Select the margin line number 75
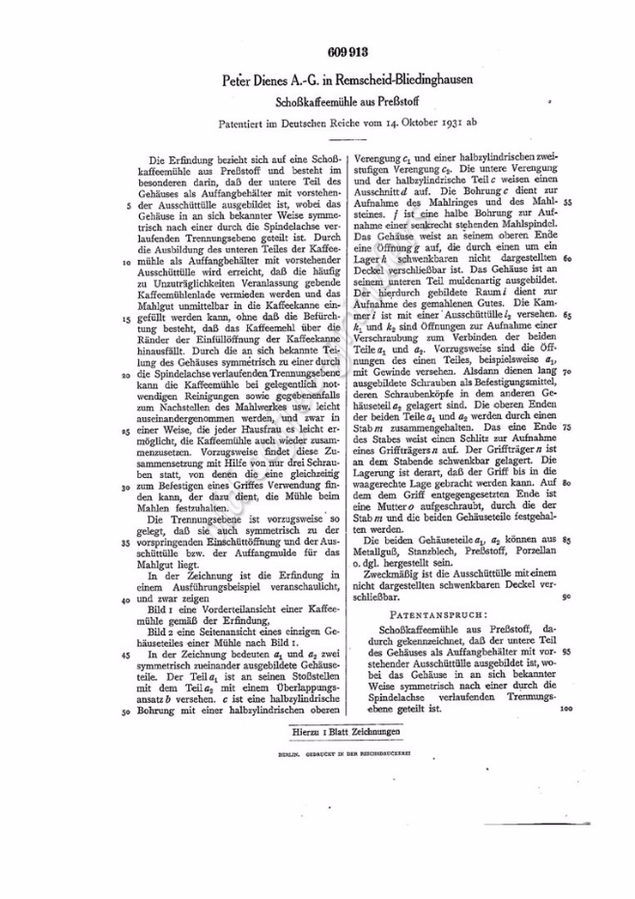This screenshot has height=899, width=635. click(x=567, y=426)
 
